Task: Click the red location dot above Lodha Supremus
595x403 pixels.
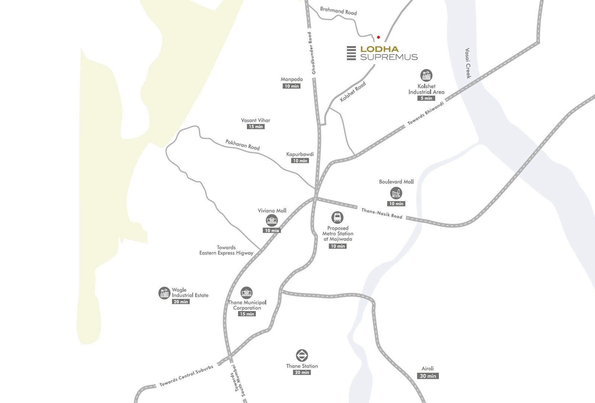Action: coord(379,37)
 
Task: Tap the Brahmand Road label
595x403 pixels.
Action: coord(338,11)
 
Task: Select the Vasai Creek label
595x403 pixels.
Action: coord(468,63)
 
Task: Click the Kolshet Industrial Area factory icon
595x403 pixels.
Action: coord(426,76)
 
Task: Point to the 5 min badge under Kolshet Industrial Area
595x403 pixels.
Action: coord(426,98)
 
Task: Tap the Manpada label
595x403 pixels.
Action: coord(292,79)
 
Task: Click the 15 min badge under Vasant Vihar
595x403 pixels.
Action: coord(256,127)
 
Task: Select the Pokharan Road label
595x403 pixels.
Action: coord(242,145)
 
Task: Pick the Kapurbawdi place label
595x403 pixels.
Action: coord(300,154)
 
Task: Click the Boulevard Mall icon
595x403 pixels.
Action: coord(396,193)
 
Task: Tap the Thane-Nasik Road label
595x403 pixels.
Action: coord(382,214)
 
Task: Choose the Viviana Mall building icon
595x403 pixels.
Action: coord(272,220)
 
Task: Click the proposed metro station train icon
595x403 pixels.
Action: coord(337,217)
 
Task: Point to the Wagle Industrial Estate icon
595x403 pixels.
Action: coord(164,293)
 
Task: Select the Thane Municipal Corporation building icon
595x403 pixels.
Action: coord(247,293)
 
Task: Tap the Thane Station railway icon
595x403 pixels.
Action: coord(302,355)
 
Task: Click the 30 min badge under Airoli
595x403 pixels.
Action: coord(428,376)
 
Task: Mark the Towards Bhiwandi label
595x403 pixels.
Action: coord(425,113)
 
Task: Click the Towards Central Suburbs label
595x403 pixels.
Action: coord(186,375)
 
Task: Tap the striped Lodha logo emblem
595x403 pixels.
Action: coord(351,53)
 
